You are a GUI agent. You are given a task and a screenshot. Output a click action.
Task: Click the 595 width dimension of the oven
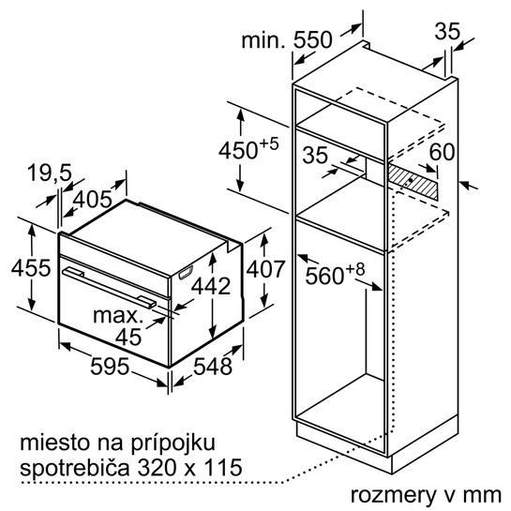coord(110,366)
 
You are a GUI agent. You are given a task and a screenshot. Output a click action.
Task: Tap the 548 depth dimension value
coord(213,366)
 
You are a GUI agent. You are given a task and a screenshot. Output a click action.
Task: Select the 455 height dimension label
coord(31,268)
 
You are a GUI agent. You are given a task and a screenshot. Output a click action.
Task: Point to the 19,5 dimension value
coord(50,173)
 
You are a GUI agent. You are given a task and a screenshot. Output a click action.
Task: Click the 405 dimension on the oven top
coord(93,199)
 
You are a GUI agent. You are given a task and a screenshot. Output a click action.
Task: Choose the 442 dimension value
coord(211,286)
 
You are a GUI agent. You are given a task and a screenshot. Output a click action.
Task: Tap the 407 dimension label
coord(265,269)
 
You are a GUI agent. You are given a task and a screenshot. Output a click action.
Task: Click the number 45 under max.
coord(128,337)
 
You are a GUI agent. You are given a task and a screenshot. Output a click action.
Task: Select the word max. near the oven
coord(118,316)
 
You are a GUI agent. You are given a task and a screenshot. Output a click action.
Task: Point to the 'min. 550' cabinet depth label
coord(287,39)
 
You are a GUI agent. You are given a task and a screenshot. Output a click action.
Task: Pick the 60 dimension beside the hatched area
coord(442,152)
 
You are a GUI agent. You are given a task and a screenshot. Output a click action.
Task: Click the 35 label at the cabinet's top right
coord(447,31)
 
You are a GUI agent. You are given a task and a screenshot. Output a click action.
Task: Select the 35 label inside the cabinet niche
coord(315,155)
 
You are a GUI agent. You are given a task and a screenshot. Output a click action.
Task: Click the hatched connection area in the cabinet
coord(412,181)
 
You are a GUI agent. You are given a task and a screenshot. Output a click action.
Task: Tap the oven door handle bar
coord(110,287)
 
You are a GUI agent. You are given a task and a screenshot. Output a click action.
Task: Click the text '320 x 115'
coord(189,467)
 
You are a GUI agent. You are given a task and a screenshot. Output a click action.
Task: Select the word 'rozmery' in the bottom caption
coord(393,495)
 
